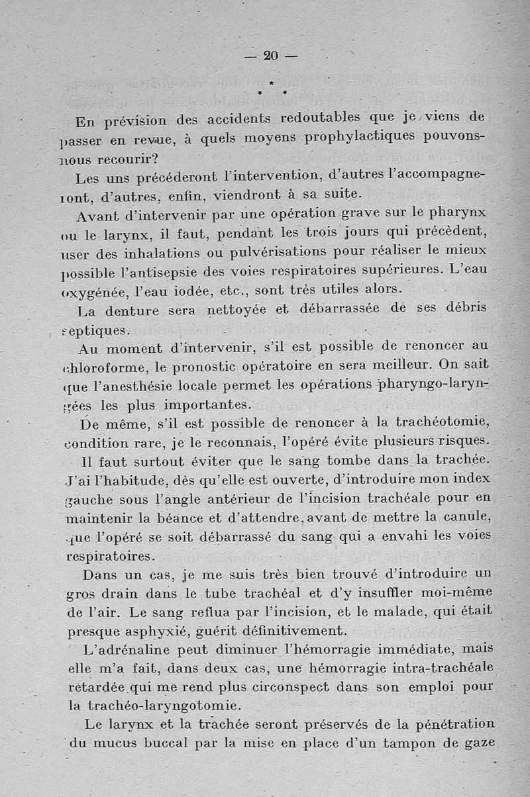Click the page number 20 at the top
(270, 56)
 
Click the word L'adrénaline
(125, 648)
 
